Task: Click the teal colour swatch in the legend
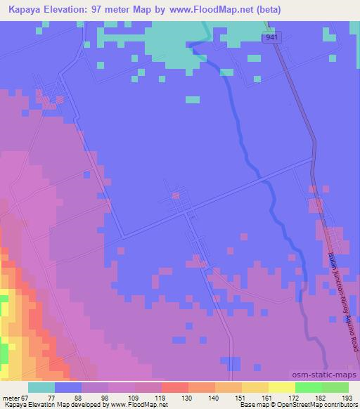(41, 387)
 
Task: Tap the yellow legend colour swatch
(281, 387)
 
